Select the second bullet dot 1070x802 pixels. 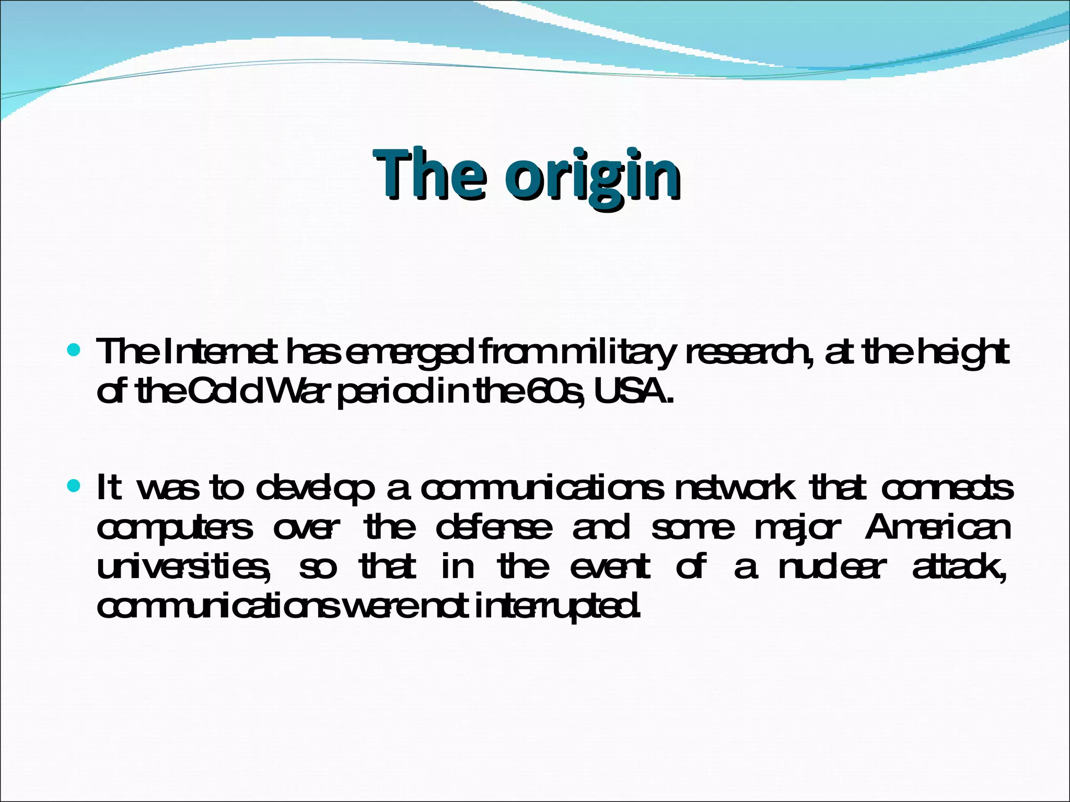pyautogui.click(x=74, y=487)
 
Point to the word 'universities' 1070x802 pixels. pyautogui.click(x=183, y=567)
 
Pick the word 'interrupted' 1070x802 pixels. pyautogui.click(x=557, y=607)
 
